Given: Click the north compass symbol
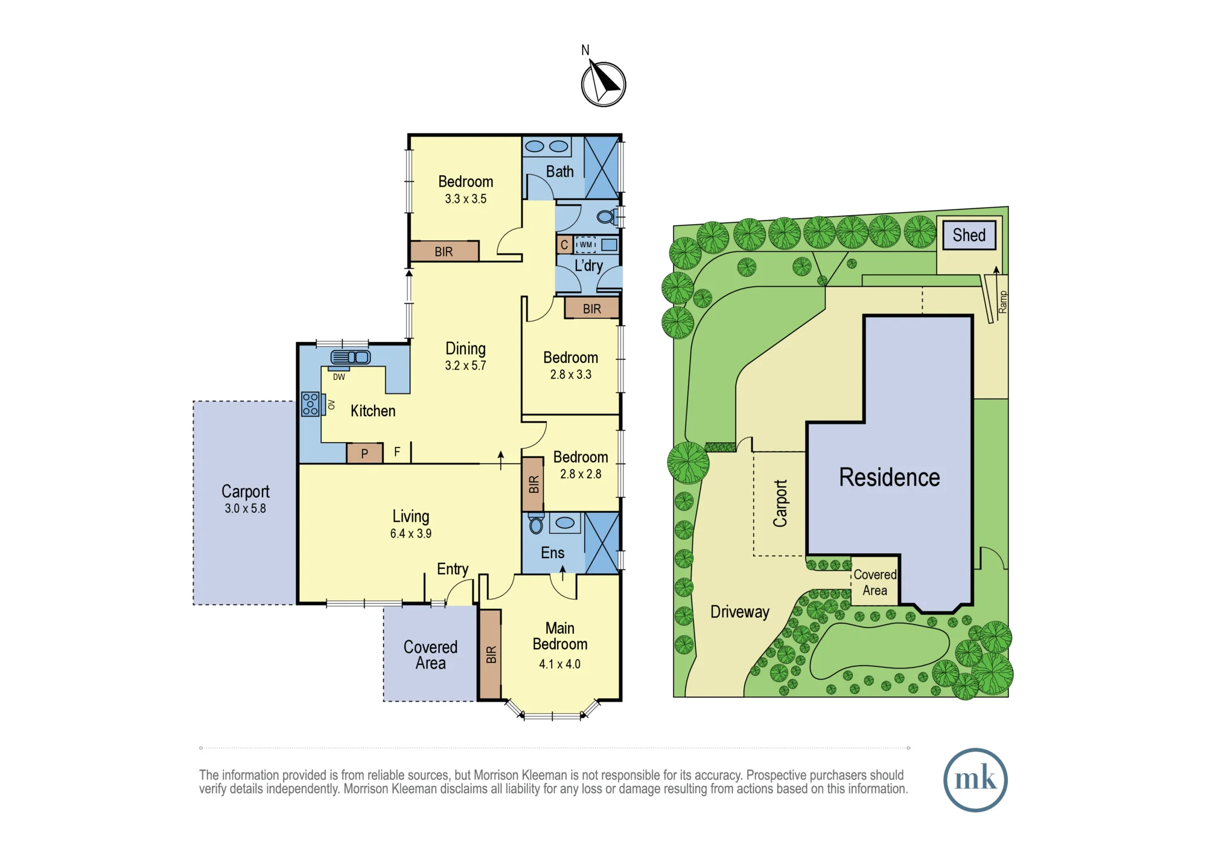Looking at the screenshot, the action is click(603, 83).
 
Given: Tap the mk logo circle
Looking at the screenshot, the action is click(975, 780).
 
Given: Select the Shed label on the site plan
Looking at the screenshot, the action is click(969, 235).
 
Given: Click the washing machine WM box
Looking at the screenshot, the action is click(585, 245).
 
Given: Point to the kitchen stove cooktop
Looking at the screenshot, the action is click(310, 403).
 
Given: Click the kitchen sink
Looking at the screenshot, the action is click(350, 358).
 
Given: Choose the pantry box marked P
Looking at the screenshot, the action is click(365, 453).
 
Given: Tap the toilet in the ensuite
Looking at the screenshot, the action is click(535, 524).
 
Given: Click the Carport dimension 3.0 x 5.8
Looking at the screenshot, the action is click(245, 509).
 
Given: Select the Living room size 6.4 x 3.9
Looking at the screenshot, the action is click(410, 533).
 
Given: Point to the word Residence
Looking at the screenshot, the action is click(889, 477).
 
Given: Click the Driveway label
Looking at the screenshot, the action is click(740, 612).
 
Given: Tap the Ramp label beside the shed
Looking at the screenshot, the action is click(1003, 301).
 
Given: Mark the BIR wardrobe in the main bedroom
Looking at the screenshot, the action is click(491, 654).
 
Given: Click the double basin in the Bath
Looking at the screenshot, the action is click(547, 146).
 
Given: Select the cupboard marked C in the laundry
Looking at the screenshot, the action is click(564, 245).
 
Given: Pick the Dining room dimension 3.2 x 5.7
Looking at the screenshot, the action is click(465, 365).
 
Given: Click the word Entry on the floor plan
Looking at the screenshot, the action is click(453, 569).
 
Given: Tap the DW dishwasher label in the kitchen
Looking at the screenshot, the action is click(339, 377).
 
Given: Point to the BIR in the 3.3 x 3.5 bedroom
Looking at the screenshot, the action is click(444, 251).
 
